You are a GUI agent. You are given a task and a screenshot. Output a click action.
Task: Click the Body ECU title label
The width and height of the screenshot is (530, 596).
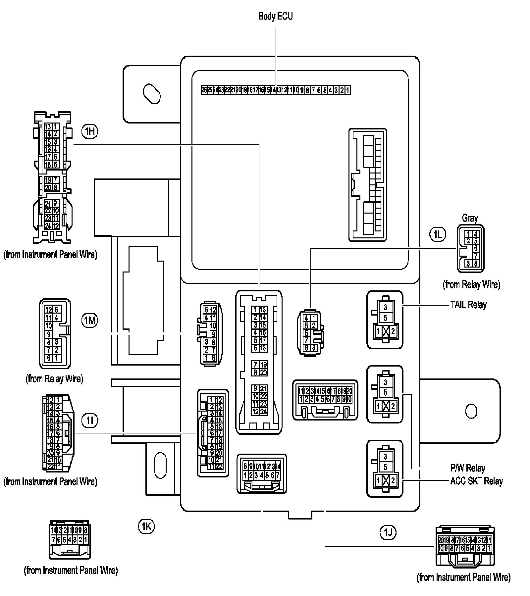[x=276, y=17]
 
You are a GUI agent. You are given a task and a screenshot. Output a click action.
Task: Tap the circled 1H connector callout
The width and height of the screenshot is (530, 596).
[x=89, y=131]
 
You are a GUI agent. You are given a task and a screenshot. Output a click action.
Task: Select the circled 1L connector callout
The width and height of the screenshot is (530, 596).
[x=437, y=234]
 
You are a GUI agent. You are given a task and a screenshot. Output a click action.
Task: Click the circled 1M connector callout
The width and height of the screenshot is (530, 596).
[x=90, y=320]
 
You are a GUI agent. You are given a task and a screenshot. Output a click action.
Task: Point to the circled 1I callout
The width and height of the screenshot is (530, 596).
[x=90, y=421]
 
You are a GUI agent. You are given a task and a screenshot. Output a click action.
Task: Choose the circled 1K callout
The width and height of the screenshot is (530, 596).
[x=146, y=526]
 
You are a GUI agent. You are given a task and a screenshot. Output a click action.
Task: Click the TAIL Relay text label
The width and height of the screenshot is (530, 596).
[x=468, y=305]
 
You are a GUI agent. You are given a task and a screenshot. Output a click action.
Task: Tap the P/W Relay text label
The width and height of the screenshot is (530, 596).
[x=467, y=468]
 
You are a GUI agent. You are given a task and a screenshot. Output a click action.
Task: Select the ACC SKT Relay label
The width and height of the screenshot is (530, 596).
[x=476, y=481]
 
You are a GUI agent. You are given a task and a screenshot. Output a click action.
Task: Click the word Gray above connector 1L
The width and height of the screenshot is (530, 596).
[x=470, y=218]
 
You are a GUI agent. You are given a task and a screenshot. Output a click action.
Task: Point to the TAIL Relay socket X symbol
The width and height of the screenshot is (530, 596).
[x=385, y=331]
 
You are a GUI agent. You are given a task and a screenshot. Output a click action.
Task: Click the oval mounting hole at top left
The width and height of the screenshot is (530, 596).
[x=152, y=94]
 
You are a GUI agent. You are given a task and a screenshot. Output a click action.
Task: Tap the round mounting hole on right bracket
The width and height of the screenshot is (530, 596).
[x=471, y=411]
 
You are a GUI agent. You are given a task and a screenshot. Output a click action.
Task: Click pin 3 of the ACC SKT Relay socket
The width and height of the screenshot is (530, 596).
[x=385, y=457]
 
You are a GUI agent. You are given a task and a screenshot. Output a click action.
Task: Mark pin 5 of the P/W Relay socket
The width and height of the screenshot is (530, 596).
[x=385, y=392]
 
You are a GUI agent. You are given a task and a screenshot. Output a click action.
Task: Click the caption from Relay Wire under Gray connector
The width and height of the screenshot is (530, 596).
[x=471, y=284]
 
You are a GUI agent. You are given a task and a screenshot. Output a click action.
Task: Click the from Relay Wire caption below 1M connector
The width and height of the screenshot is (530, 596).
[x=54, y=378]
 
